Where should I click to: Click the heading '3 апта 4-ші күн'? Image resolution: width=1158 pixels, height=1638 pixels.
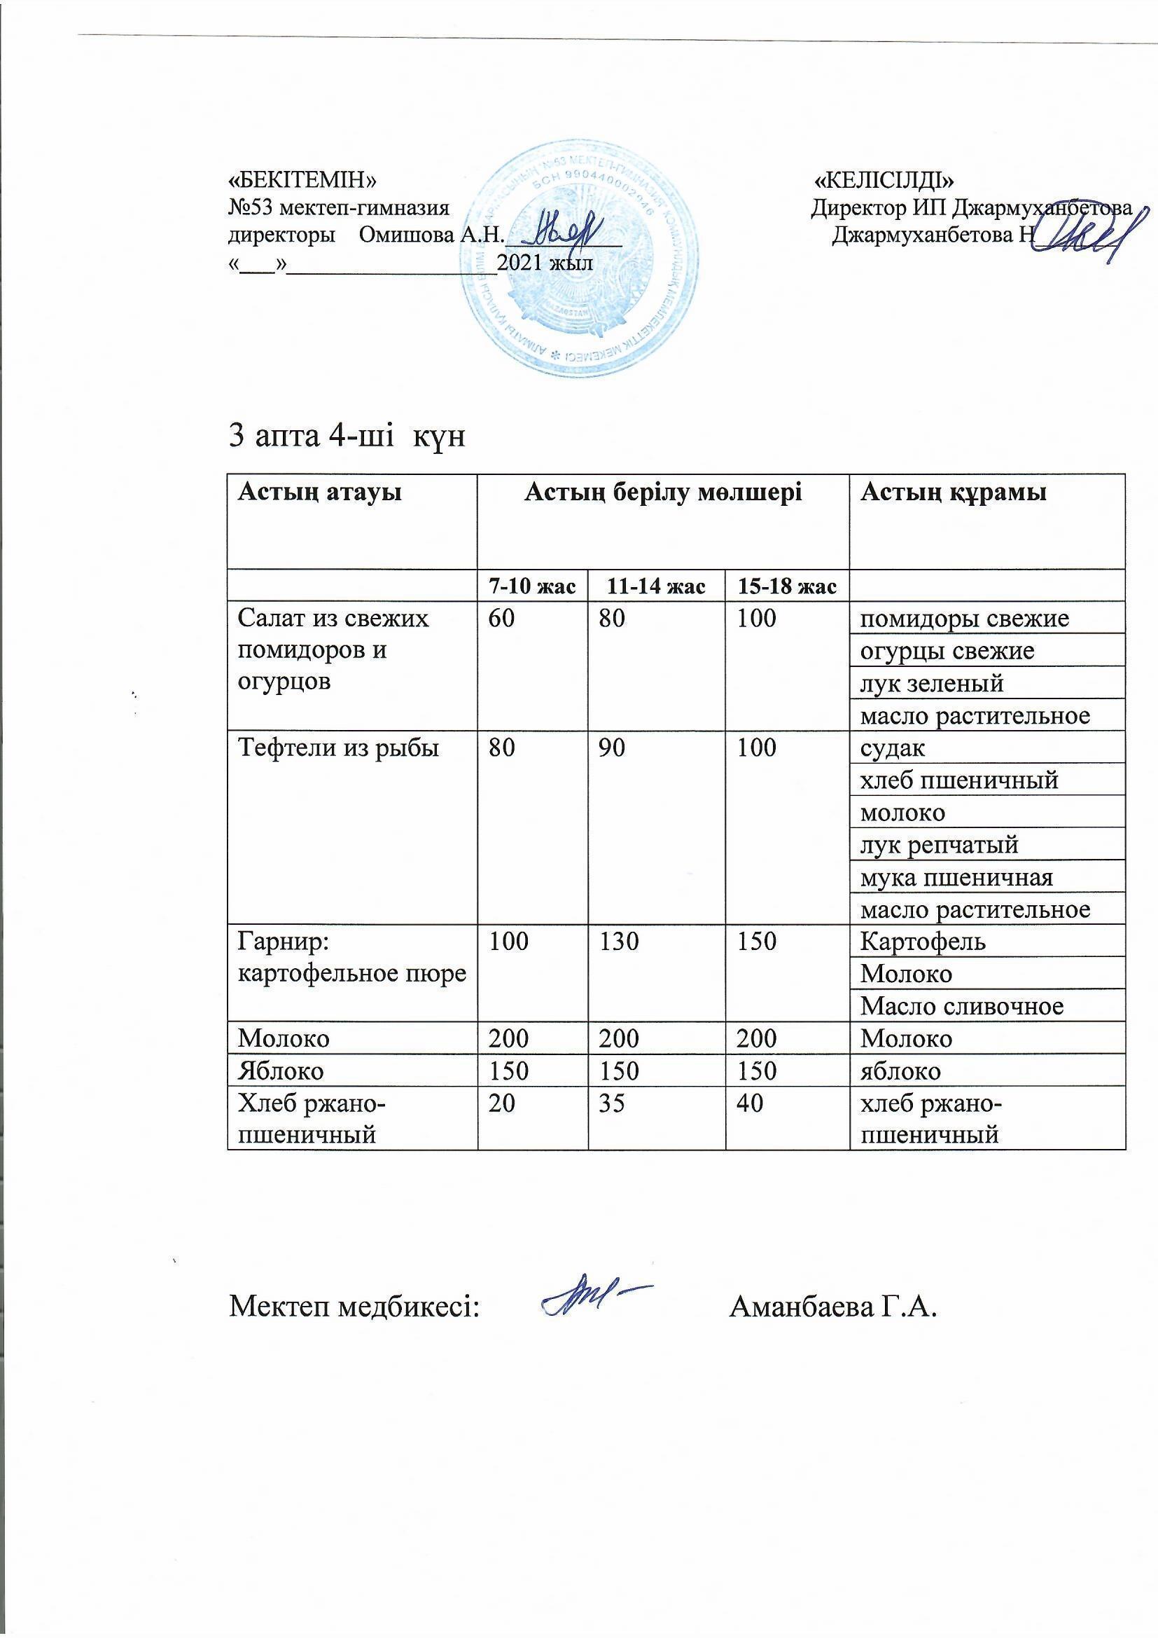[347, 435]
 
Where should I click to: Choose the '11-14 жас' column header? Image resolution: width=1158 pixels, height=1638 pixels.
[656, 587]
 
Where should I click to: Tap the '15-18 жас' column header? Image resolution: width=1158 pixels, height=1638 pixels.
[786, 587]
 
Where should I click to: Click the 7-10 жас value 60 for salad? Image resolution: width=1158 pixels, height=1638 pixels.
[501, 618]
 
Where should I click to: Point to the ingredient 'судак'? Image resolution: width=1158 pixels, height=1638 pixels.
[893, 748]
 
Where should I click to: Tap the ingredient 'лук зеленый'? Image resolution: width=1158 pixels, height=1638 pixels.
[932, 684]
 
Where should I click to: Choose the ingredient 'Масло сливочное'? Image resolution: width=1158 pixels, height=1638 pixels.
[962, 1007]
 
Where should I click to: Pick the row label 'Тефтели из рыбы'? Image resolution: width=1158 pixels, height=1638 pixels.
[338, 748]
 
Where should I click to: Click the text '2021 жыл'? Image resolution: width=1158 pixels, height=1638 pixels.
[545, 263]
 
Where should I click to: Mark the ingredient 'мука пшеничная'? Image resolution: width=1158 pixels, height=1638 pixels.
[956, 876]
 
